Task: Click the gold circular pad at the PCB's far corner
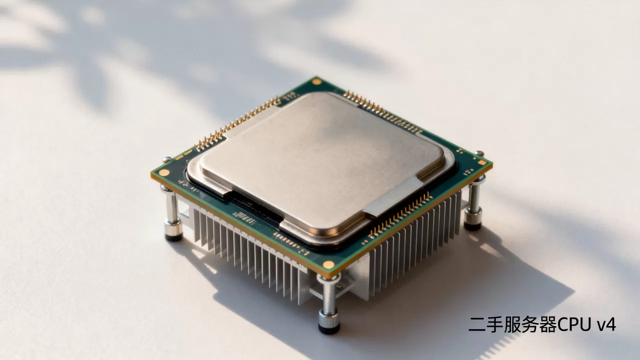tap(316, 81)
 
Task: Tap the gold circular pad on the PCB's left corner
tap(164, 172)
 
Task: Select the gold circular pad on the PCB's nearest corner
tap(328, 265)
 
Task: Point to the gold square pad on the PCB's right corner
tap(482, 163)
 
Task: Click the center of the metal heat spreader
tap(321, 165)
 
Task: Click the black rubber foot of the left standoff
tap(173, 237)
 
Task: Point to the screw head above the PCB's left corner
tap(167, 159)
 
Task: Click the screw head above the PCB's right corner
tap(479, 153)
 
